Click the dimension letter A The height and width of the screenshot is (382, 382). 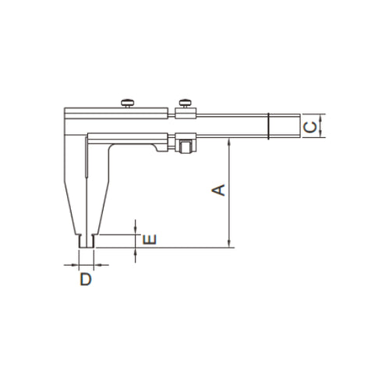[x=220, y=189]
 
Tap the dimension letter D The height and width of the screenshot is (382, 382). [x=87, y=278]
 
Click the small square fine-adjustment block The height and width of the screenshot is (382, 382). [x=186, y=146]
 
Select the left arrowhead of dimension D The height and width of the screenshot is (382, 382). [x=75, y=264]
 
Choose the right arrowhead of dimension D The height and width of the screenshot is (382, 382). [x=99, y=264]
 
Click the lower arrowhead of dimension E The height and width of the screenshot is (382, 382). [x=136, y=251]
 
